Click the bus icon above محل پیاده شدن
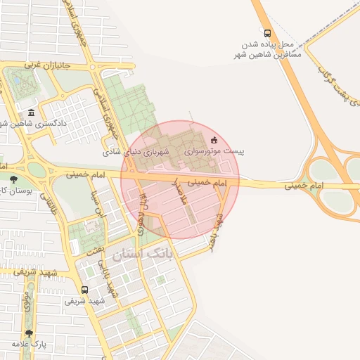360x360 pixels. pos(266,32)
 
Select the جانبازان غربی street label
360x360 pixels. pos(50,65)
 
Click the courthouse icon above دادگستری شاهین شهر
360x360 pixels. pos(31,112)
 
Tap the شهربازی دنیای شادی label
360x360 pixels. pos(137,151)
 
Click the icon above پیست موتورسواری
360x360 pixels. pos(214,139)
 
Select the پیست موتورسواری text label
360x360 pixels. pos(214,151)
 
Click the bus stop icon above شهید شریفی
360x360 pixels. pos(84,290)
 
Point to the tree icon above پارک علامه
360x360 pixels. pos(29,333)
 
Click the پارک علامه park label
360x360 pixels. pos(29,345)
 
